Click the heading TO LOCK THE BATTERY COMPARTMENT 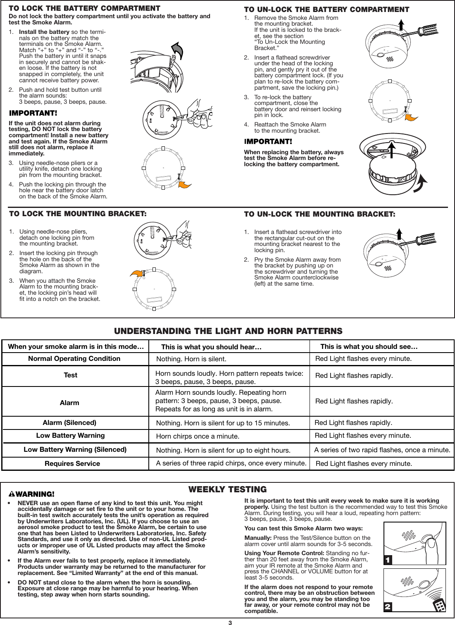(85, 8)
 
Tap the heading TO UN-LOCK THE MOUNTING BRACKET (319, 214)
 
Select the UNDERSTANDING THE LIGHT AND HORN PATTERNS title (228, 331)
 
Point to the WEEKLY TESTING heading (227, 489)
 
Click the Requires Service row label (72, 463)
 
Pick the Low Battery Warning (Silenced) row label (75, 449)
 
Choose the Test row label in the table (71, 375)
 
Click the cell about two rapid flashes (382, 449)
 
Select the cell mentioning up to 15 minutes (223, 423)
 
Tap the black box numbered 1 (388, 560)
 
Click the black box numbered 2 (388, 607)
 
